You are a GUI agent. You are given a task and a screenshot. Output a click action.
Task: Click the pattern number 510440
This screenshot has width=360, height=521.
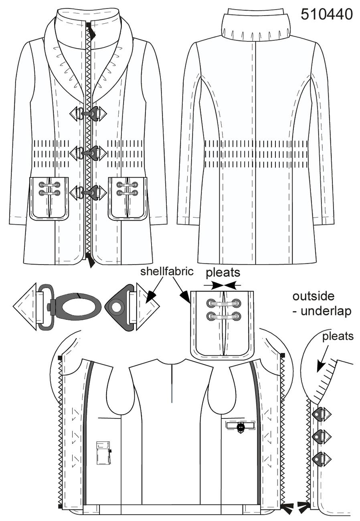coord(327,14)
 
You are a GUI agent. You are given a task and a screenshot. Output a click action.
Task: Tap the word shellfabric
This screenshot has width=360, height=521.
coord(167,271)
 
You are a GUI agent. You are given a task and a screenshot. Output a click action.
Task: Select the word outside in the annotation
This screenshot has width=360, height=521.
coord(313,296)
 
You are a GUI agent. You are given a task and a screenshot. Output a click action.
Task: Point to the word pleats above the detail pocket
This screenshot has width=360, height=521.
coord(223,273)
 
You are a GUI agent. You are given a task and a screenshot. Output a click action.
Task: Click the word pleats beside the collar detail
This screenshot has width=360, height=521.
coord(338,337)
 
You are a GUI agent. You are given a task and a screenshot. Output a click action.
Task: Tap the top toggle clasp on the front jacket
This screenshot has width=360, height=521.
coord(88,113)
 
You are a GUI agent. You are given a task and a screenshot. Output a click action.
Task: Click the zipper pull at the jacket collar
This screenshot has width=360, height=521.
coord(91,30)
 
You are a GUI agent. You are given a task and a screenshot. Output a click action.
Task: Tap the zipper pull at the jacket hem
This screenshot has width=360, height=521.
coord(90,260)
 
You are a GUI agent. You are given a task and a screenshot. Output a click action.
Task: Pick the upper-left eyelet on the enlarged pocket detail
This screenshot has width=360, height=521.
coord(210,303)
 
